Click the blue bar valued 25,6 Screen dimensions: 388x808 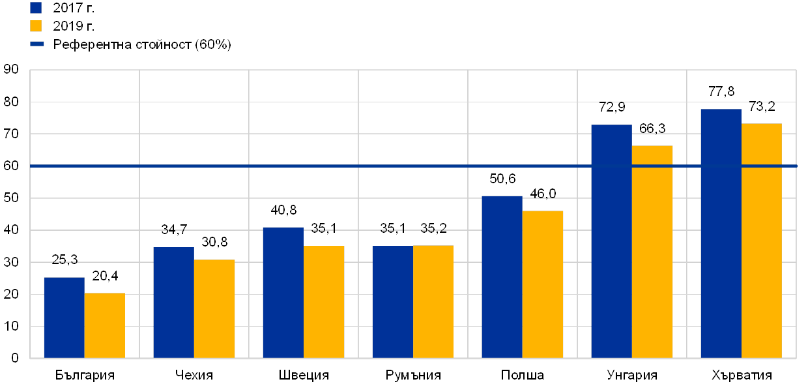(64, 318)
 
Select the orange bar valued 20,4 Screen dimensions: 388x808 (105, 325)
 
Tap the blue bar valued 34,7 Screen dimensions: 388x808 (173, 303)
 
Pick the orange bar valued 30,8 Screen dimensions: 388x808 (214, 308)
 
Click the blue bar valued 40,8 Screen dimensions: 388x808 (283, 293)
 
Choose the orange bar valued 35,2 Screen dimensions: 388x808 (433, 301)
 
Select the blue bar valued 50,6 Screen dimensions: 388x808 (502, 277)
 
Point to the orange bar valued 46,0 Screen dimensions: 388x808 (543, 284)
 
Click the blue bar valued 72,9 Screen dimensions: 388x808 (611, 241)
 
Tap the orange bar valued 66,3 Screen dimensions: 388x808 (652, 252)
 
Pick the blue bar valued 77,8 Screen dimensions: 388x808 (721, 233)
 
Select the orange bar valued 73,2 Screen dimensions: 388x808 (762, 241)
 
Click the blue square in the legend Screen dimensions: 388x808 (36, 8)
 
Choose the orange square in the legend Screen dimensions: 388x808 (36, 26)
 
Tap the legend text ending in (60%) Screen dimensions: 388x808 (143, 44)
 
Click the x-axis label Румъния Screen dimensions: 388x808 (412, 376)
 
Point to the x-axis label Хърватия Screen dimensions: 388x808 (741, 376)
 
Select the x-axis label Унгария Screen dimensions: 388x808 (631, 376)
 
